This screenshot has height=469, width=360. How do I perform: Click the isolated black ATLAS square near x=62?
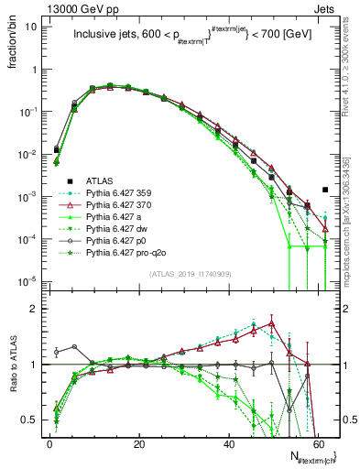325,190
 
